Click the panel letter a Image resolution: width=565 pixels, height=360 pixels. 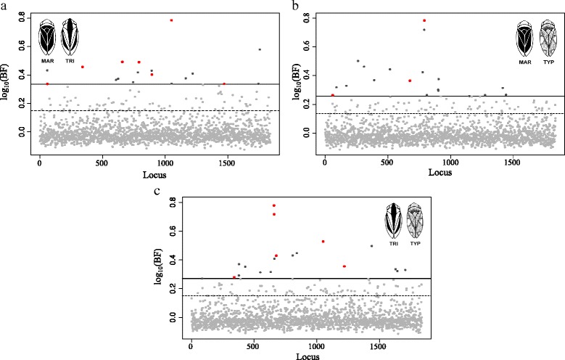click(4, 6)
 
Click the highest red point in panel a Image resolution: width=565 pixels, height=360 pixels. click(171, 20)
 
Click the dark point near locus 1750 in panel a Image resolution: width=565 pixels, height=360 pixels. click(260, 49)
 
